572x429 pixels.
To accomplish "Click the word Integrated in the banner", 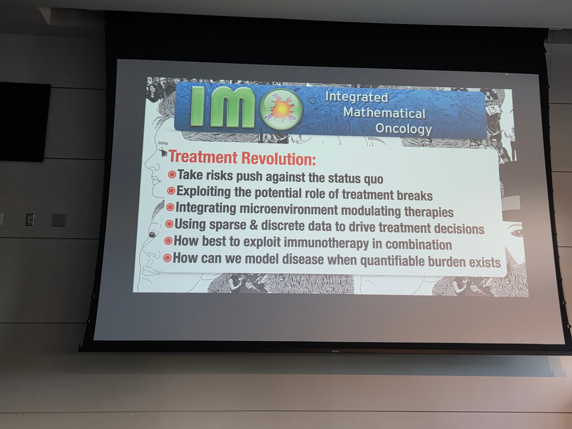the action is (357, 97).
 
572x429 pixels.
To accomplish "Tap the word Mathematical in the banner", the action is (384, 113).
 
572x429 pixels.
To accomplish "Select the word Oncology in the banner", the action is (404, 129).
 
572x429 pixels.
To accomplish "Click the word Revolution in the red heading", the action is (279, 159).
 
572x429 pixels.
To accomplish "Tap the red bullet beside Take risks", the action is (172, 174).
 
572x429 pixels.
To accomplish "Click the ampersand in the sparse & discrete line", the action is (254, 225).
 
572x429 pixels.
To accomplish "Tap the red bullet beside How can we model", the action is (167, 258).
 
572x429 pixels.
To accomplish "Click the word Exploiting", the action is (204, 191).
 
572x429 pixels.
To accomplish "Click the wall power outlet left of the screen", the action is (30, 220).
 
